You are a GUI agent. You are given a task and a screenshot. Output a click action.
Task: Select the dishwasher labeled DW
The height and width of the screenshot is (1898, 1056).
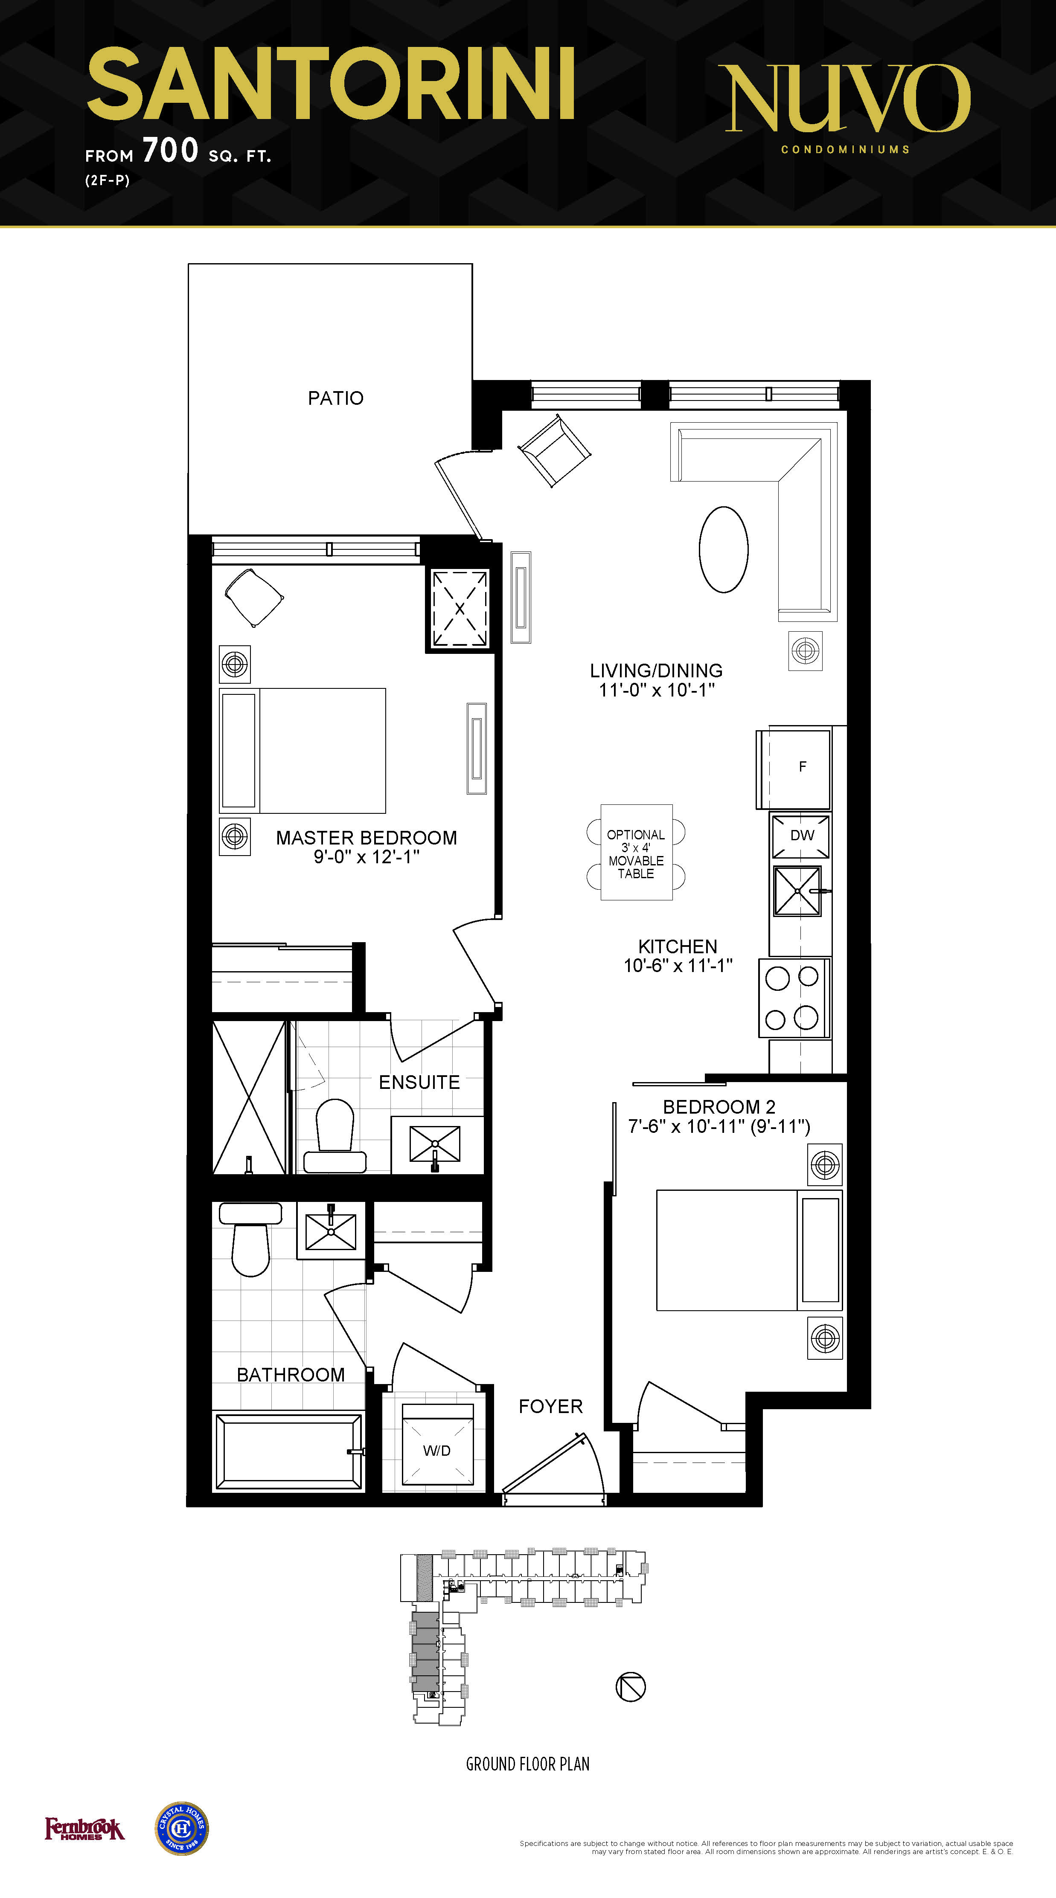(800, 836)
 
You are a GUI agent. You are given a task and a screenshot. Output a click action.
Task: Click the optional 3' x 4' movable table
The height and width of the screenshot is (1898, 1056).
(636, 853)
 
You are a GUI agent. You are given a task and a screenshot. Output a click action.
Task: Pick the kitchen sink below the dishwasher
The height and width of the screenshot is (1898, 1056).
(797, 891)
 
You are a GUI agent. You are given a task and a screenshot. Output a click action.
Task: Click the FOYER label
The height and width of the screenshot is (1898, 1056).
(550, 1407)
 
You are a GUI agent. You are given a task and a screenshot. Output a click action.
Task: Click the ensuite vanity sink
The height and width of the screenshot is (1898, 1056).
(435, 1144)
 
